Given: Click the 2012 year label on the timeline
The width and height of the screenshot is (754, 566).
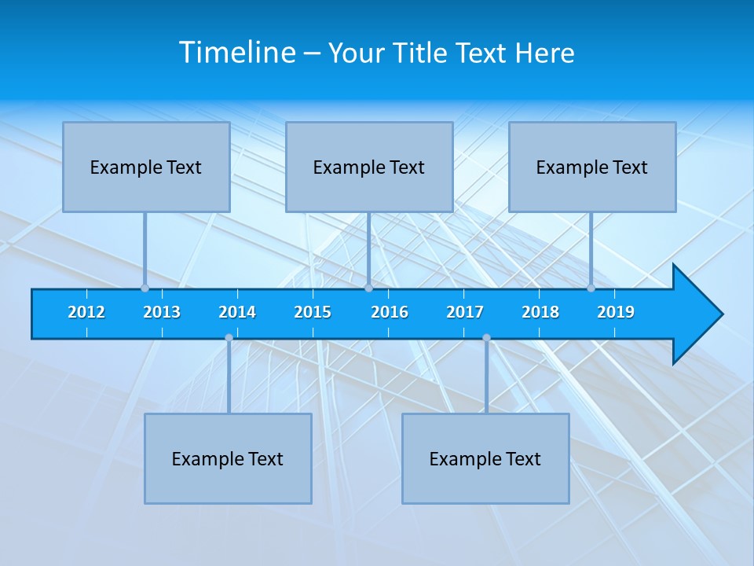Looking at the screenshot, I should point(86,312).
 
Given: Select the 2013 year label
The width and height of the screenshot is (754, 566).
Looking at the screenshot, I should point(162,312).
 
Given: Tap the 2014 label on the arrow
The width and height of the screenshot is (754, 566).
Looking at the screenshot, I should point(237,312).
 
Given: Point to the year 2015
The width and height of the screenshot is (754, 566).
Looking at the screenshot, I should point(313,312).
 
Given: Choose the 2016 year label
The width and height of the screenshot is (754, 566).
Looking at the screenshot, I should point(390,312).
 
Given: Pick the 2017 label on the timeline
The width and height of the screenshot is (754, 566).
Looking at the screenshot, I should point(465,312).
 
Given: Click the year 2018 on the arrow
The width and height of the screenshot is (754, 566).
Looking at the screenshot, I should point(540,312).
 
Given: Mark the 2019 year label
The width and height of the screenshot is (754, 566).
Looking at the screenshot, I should point(616,312).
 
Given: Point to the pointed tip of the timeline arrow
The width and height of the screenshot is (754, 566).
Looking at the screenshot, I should point(721,314).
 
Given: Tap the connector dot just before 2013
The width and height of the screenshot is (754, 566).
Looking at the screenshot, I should point(145,289).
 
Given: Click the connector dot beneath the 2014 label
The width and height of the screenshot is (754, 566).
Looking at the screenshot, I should point(229,338).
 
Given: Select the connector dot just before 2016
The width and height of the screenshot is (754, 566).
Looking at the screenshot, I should point(368,289).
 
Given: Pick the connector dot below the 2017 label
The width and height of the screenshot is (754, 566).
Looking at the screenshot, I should point(486,338).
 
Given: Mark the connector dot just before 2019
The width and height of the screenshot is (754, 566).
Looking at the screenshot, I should point(591,289).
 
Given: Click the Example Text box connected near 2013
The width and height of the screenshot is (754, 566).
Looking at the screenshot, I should point(146,167).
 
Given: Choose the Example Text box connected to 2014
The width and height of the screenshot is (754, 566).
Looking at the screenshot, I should point(228,458).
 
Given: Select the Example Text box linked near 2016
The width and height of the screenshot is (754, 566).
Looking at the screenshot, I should point(369,167).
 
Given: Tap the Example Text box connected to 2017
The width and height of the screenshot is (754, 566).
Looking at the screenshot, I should point(485,458).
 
